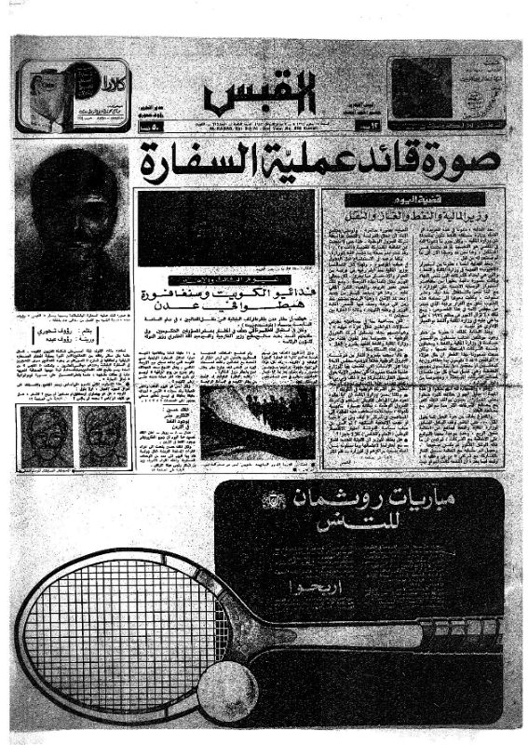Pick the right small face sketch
[x=102, y=435]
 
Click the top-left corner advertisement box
[x=73, y=96]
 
